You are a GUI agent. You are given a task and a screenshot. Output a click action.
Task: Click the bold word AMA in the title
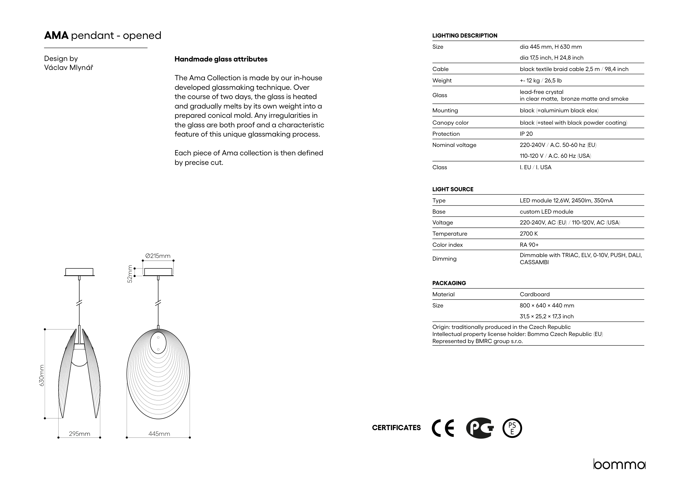point(56,36)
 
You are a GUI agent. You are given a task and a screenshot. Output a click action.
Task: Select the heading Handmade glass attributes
point(221,59)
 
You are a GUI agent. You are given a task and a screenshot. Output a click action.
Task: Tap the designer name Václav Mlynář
point(69,68)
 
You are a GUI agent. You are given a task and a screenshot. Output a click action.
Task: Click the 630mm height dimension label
point(42,375)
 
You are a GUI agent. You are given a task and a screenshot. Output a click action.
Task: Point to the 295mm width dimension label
point(79,434)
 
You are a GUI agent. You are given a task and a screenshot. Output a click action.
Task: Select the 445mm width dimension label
point(159,434)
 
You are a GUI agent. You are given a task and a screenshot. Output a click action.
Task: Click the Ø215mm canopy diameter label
point(158,256)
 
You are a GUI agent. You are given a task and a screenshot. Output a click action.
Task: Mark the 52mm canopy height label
point(130,274)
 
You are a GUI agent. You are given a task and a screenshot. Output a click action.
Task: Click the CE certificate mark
point(443,428)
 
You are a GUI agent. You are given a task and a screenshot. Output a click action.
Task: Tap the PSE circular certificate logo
point(512,428)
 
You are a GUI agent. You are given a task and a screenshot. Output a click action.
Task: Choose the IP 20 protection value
point(526,134)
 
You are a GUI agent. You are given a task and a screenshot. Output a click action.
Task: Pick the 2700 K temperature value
point(528,234)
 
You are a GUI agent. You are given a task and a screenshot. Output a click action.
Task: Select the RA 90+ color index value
point(529,245)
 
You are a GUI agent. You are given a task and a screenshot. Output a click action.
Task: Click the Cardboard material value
point(534,294)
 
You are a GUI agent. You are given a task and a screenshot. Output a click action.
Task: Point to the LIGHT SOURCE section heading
point(453,189)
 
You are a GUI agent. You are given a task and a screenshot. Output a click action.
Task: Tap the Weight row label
point(442,81)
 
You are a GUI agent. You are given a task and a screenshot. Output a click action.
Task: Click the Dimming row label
point(444,259)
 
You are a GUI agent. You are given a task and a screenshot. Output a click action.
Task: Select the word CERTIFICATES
point(396,428)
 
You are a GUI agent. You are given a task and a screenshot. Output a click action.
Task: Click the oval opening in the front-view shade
point(158,343)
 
